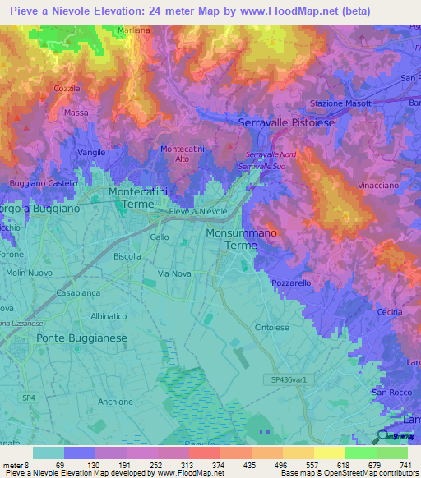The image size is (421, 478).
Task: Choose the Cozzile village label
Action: pos(67,88)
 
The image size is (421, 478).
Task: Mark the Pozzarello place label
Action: pos(292,282)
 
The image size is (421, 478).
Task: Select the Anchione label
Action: pos(115,402)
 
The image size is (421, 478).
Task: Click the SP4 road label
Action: pos(29,375)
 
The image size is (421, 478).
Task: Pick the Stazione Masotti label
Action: pos(341,103)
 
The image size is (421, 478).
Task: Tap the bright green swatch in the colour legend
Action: pos(360,453)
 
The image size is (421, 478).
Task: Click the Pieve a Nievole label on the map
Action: pos(197,212)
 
